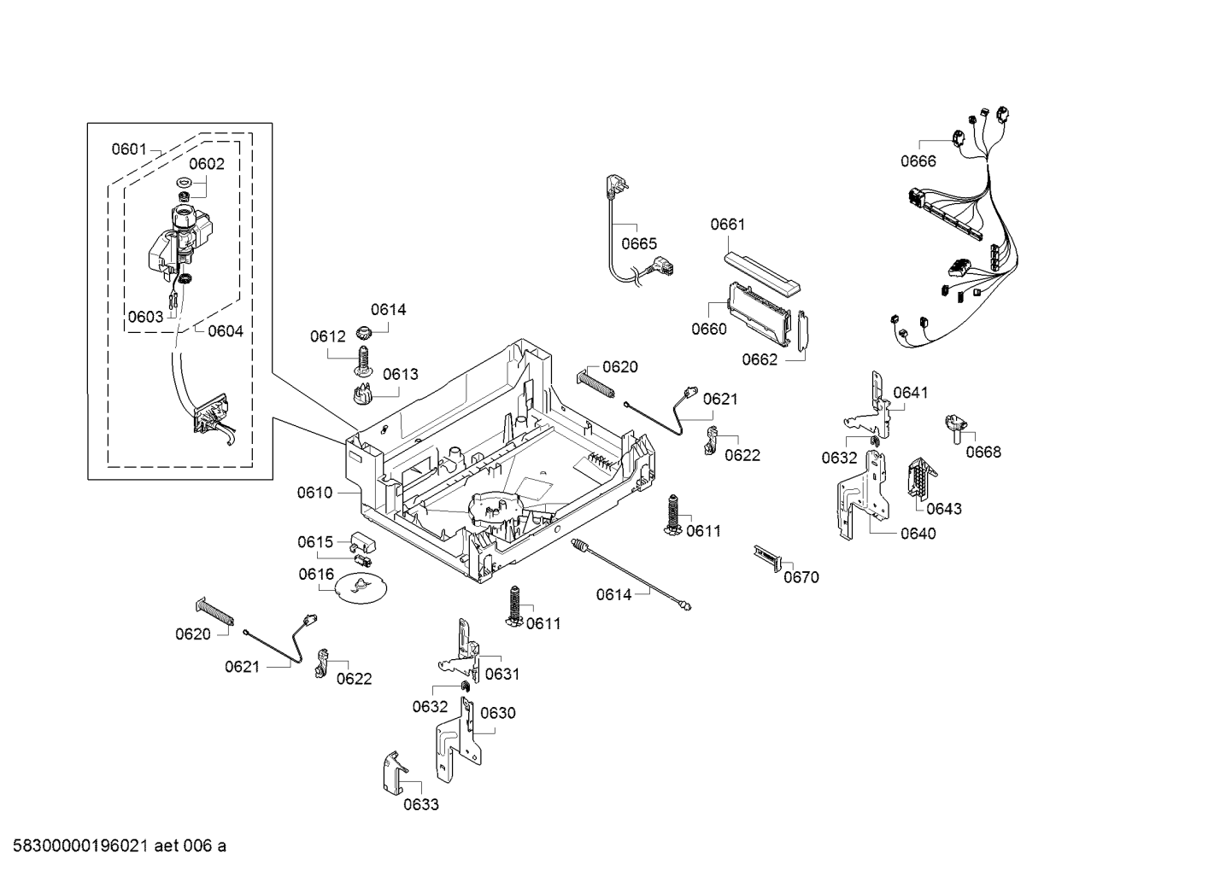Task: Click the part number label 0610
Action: pyautogui.click(x=314, y=493)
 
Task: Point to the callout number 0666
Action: pyautogui.click(x=918, y=161)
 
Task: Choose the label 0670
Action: pyautogui.click(x=801, y=578)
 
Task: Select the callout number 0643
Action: pyautogui.click(x=943, y=509)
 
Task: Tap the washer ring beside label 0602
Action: pyautogui.click(x=183, y=182)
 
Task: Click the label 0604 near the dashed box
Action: pyautogui.click(x=226, y=331)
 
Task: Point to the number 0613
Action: pyautogui.click(x=400, y=374)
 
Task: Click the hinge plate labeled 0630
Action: pyautogui.click(x=458, y=739)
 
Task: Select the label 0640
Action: pyautogui.click(x=918, y=534)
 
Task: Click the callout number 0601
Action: pyautogui.click(x=129, y=149)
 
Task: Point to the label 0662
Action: pyautogui.click(x=760, y=359)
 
